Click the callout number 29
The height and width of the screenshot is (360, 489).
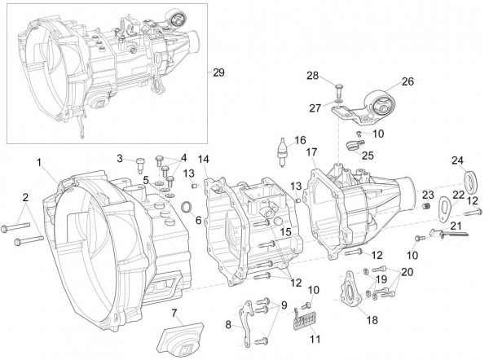click(218, 72)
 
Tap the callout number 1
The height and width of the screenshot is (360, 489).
click(38, 163)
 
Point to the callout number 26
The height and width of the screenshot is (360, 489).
click(407, 81)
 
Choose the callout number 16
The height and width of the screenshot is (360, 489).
click(301, 139)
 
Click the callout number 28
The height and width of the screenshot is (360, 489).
click(313, 76)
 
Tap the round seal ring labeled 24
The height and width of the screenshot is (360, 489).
click(472, 179)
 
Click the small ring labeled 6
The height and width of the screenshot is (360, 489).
click(187, 206)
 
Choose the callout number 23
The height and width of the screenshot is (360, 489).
click(427, 193)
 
